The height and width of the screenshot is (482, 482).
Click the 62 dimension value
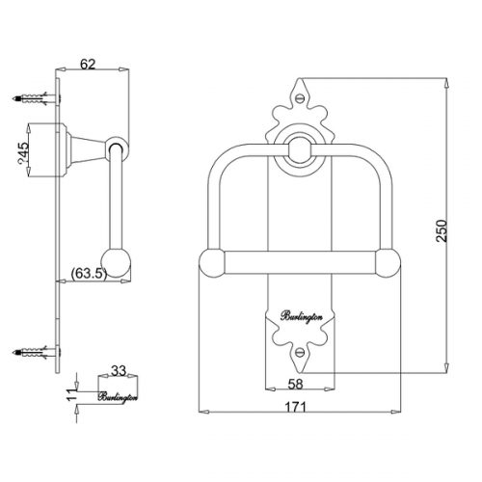(88, 65)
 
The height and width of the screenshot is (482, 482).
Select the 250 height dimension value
(442, 230)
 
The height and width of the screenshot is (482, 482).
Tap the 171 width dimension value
(296, 407)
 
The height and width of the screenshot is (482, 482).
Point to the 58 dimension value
(296, 384)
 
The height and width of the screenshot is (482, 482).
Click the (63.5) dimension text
(89, 274)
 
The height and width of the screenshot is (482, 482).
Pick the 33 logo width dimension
(119, 371)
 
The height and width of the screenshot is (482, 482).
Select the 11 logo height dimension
(72, 393)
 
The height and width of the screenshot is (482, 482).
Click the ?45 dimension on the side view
(23, 152)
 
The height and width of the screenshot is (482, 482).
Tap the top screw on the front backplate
(301, 96)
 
